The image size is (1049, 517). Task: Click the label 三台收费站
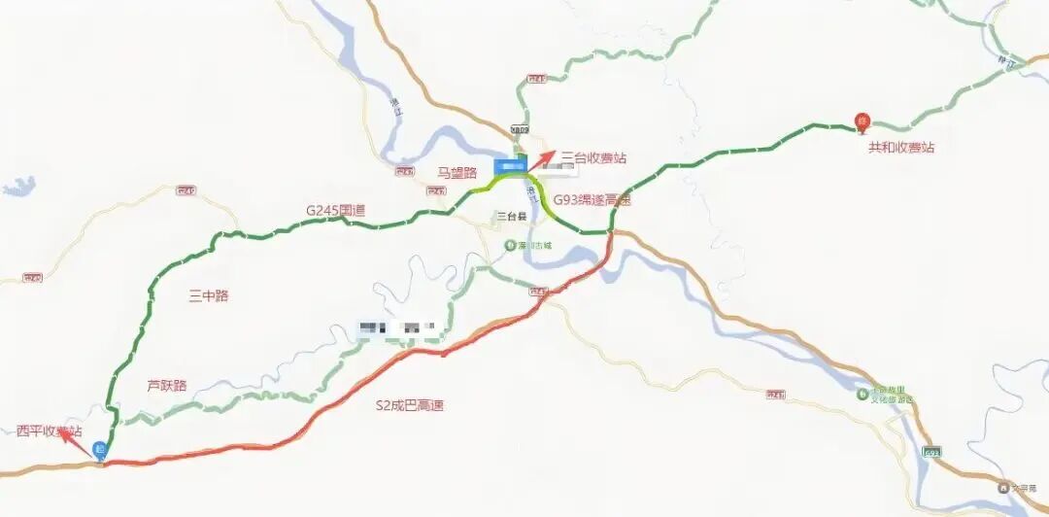(x=593, y=156)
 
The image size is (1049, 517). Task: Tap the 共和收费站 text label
(x=901, y=147)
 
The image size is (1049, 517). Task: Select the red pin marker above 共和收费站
(x=861, y=122)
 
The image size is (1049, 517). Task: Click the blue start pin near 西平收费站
(x=99, y=450)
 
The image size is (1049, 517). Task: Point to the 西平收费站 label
(x=50, y=431)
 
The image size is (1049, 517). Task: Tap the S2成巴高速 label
(x=410, y=405)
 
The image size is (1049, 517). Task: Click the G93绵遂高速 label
(x=592, y=200)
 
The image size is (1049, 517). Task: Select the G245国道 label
(x=335, y=209)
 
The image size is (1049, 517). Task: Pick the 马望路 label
(x=457, y=173)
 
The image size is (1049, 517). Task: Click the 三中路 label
(x=209, y=295)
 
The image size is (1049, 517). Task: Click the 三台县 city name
(x=510, y=216)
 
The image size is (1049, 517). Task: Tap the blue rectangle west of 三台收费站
(x=508, y=165)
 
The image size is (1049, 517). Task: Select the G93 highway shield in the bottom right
(x=932, y=452)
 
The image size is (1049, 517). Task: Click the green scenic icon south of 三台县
(x=510, y=246)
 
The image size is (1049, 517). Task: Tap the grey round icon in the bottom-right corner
(x=1002, y=488)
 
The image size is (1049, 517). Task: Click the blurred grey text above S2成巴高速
(x=399, y=327)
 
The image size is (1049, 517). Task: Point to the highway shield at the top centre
(x=522, y=129)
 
